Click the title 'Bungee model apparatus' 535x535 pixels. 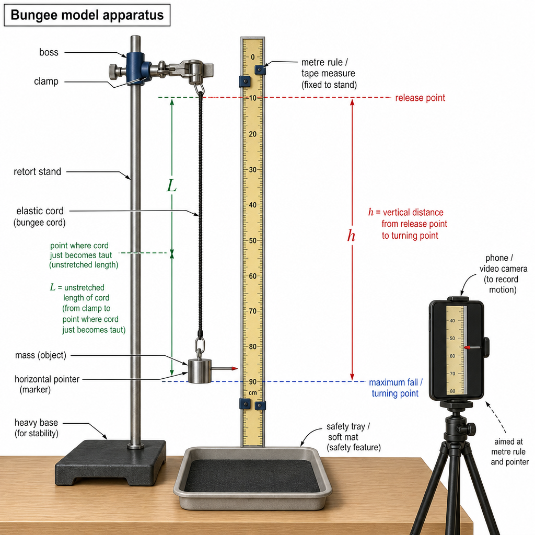87,15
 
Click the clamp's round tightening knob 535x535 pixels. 113,71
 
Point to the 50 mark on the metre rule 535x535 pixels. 252,240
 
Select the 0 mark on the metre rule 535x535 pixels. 253,57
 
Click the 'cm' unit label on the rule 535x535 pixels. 252,393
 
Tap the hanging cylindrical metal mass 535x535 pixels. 200,371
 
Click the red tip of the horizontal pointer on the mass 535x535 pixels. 235,368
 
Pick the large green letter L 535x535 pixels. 171,186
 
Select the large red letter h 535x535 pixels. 351,236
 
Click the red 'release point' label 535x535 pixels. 420,98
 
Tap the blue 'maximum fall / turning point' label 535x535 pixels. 396,388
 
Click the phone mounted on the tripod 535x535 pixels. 457,350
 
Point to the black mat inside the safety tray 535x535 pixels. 252,475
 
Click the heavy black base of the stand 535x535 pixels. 111,462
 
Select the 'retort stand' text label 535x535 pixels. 37,171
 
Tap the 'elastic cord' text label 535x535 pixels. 40,211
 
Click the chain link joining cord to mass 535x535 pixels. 200,347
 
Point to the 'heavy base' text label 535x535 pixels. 36,423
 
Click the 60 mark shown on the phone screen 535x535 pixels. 452,356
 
